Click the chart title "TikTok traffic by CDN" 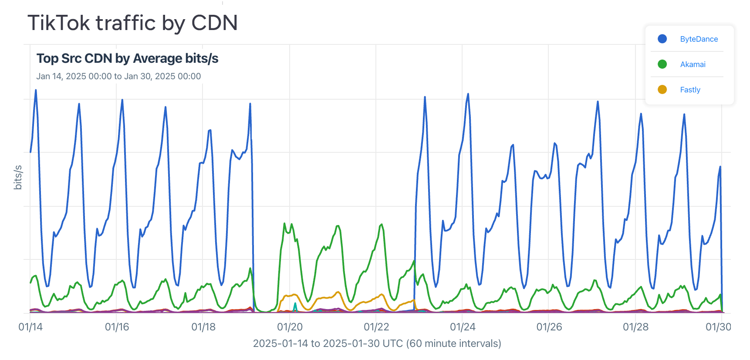pos(132,23)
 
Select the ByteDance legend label pos(699,39)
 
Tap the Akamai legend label pos(693,64)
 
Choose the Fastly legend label pos(690,90)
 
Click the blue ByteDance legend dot pos(662,39)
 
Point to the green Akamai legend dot pos(662,64)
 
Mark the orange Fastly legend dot pos(662,90)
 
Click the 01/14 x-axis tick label pos(30,327)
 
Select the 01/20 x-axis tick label pos(290,327)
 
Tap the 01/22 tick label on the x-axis pos(376,327)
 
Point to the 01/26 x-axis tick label pos(549,327)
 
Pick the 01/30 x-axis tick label pos(718,327)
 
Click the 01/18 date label pos(203,327)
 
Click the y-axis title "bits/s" pos(18,177)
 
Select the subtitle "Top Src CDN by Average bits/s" pos(127,58)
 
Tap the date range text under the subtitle pos(118,76)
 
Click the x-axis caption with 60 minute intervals pos(377,343)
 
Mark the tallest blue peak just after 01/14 pos(36,91)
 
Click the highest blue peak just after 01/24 pos(468,94)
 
